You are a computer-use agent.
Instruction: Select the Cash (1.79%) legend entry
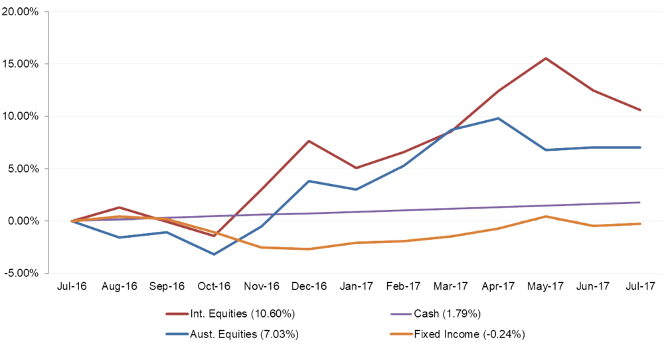click(436, 314)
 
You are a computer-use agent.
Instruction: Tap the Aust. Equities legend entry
click(232, 334)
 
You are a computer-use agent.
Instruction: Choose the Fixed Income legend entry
click(457, 334)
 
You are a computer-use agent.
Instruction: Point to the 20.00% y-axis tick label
click(20, 12)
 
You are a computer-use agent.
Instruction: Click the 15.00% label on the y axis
click(20, 64)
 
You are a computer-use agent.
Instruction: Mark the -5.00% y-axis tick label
click(20, 273)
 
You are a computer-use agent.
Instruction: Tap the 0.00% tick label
click(23, 221)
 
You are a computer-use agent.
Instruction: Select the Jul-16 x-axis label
click(72, 286)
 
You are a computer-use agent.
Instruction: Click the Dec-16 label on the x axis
click(309, 286)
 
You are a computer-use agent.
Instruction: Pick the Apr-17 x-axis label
click(498, 286)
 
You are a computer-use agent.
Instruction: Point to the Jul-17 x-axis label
click(640, 286)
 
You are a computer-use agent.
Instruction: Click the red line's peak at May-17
click(546, 58)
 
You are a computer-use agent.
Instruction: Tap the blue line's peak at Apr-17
click(499, 118)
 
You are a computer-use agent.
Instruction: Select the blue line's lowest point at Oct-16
click(214, 254)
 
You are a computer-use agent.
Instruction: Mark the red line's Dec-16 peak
click(309, 141)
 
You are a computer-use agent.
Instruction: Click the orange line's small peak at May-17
click(546, 217)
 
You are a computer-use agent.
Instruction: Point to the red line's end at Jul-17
click(640, 110)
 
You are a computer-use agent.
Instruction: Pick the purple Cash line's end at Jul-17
click(640, 203)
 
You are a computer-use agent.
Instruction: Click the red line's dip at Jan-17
click(356, 168)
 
